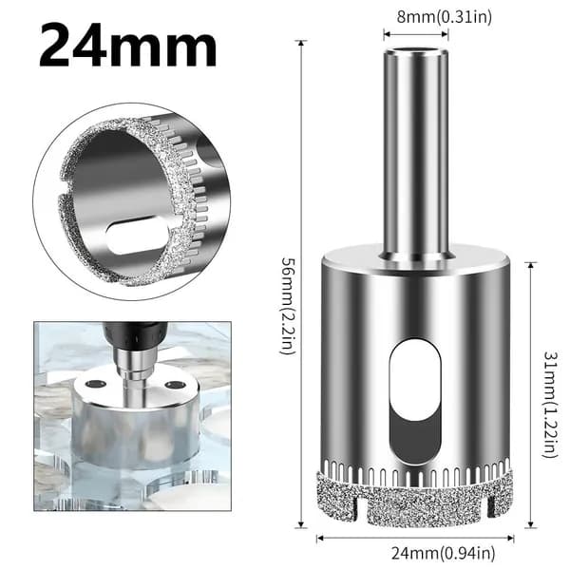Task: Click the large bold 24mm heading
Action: click(x=128, y=45)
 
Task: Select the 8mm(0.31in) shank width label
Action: click(x=444, y=17)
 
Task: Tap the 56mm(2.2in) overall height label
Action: click(x=289, y=306)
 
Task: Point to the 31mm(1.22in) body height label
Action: click(x=550, y=405)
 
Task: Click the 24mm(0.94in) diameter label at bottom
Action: click(x=443, y=554)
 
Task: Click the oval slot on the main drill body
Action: click(x=415, y=402)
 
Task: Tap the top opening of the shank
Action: click(x=415, y=50)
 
